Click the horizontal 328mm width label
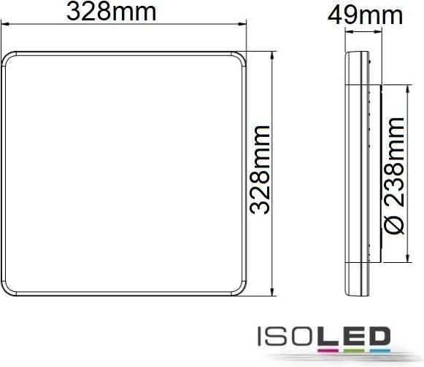coord(123,12)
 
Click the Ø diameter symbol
coord(394,225)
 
